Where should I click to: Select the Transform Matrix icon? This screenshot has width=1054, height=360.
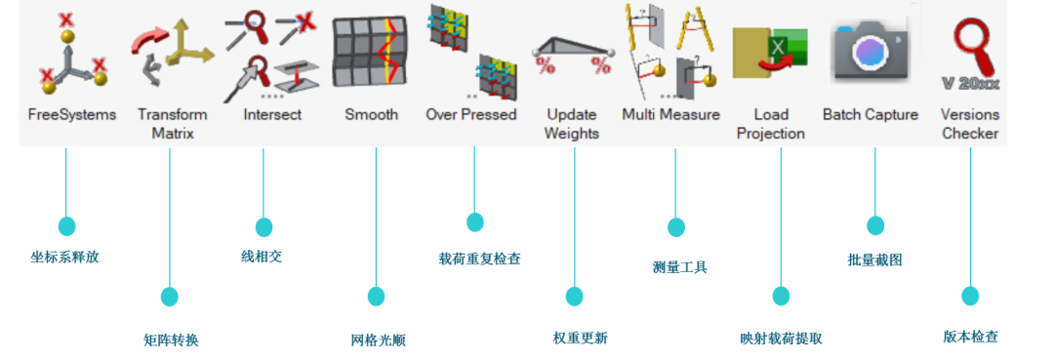pyautogui.click(x=172, y=55)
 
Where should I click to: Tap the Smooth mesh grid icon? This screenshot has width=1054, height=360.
pyautogui.click(x=371, y=55)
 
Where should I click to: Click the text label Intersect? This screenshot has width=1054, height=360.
pyautogui.click(x=272, y=114)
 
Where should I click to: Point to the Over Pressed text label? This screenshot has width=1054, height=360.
pyautogui.click(x=470, y=114)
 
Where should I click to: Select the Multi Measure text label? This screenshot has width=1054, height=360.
pyautogui.click(x=670, y=114)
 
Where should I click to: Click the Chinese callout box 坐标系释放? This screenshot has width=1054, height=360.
pyautogui.click(x=64, y=258)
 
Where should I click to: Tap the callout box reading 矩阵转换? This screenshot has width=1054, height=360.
pyautogui.click(x=171, y=340)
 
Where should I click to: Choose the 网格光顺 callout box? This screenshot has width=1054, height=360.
pyautogui.click(x=378, y=340)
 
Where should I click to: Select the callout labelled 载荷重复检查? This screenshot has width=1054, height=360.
pyautogui.click(x=478, y=260)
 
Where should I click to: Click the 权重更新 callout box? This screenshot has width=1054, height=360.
pyautogui.click(x=579, y=339)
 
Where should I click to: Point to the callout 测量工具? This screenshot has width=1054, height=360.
pyautogui.click(x=678, y=267)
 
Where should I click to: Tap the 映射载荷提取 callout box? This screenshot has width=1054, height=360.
pyautogui.click(x=781, y=339)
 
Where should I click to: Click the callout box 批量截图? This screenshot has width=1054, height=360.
pyautogui.click(x=874, y=260)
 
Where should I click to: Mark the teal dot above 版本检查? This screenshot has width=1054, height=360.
pyautogui.click(x=969, y=295)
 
